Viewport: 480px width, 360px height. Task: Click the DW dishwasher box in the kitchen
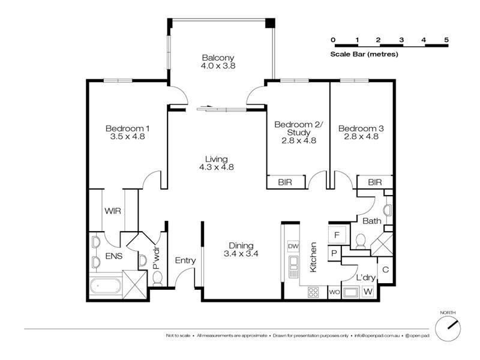pos(293,246)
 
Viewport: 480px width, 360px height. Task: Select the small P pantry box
pos(333,254)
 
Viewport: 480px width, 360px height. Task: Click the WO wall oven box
pos(334,292)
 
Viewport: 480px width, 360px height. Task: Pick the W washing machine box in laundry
pos(367,292)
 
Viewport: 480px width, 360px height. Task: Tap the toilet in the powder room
pos(158,278)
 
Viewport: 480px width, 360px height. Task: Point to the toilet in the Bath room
pos(361,241)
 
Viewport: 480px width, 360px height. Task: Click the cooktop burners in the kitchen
pos(313,292)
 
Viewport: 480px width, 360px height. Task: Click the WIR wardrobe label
pos(113,211)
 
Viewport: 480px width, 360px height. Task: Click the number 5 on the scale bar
pos(446,40)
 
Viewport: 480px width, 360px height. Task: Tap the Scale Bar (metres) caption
pos(364,54)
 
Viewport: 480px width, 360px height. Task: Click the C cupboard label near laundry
pos(385,269)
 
